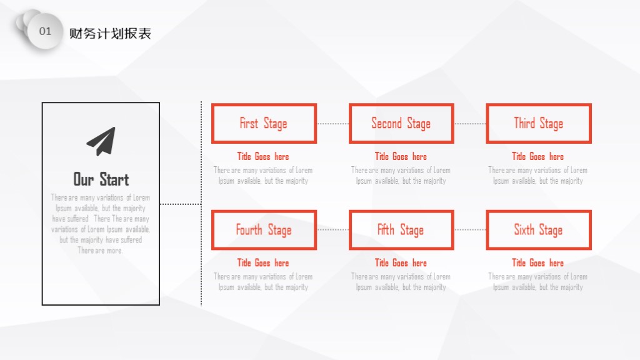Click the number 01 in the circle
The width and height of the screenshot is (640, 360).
[x=45, y=31]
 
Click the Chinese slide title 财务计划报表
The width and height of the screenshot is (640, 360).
[x=110, y=34]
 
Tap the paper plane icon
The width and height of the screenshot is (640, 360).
[x=101, y=141]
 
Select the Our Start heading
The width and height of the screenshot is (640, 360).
[x=101, y=179]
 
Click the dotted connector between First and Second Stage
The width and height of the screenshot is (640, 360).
[x=333, y=123]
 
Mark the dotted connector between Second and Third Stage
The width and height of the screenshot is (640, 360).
[x=470, y=123]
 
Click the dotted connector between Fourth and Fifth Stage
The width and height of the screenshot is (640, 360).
[x=333, y=230]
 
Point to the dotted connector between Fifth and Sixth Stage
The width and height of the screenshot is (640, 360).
[x=470, y=230]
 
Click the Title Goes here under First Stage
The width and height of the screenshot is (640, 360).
[x=263, y=156]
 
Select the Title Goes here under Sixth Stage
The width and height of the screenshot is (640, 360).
[x=538, y=263]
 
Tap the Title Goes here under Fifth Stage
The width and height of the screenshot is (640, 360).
[x=401, y=263]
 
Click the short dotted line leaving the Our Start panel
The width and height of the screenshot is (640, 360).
[x=181, y=204]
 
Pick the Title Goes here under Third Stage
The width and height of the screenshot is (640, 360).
[x=538, y=156]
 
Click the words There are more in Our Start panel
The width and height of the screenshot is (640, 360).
[x=100, y=250]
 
